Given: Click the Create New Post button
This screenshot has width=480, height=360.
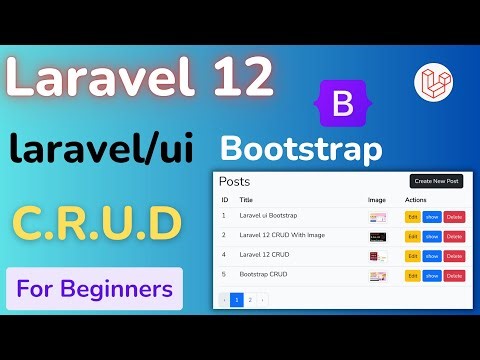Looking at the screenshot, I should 436,181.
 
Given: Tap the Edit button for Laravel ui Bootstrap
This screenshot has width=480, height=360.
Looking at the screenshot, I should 412,216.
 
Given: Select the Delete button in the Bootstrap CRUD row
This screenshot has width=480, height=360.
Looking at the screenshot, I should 455,275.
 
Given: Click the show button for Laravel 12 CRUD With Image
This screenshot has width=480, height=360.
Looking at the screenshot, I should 432,236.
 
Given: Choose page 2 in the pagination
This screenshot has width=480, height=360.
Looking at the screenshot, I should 250,299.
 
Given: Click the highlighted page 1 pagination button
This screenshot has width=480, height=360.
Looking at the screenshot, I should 237,299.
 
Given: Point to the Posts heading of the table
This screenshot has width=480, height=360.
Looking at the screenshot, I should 235,182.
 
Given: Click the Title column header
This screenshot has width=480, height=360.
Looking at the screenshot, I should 246,200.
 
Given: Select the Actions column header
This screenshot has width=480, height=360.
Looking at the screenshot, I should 416,200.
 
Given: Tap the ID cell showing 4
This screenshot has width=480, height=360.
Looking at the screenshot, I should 224,255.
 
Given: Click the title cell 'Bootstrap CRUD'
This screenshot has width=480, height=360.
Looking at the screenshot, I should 264,274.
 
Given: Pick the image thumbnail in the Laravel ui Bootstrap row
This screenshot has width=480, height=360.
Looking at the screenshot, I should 377,216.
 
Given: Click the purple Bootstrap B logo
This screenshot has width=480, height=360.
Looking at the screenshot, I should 341,104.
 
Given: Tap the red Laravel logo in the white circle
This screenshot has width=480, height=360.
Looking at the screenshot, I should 434,83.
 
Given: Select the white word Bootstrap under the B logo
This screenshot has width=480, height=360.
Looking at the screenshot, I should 301,150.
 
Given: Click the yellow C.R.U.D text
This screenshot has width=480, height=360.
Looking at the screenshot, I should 96,222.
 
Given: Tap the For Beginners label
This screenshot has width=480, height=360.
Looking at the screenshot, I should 93,290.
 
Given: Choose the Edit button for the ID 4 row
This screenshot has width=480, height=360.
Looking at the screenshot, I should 412,255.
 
